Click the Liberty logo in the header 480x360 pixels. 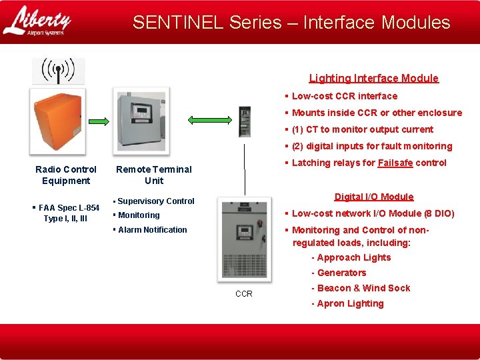pyautogui.click(x=37, y=21)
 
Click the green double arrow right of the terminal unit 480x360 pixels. pyautogui.click(x=207, y=120)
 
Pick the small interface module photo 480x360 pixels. pyautogui.click(x=245, y=121)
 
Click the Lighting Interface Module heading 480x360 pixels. pyautogui.click(x=373, y=78)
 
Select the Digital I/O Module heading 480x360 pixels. pyautogui.click(x=373, y=197)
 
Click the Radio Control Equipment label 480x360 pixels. pyautogui.click(x=65, y=175)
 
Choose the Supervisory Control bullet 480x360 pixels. pyautogui.click(x=155, y=201)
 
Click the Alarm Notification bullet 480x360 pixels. pyautogui.click(x=152, y=230)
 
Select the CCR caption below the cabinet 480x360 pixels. pyautogui.click(x=244, y=294)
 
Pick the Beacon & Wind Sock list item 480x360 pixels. pyautogui.click(x=363, y=288)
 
